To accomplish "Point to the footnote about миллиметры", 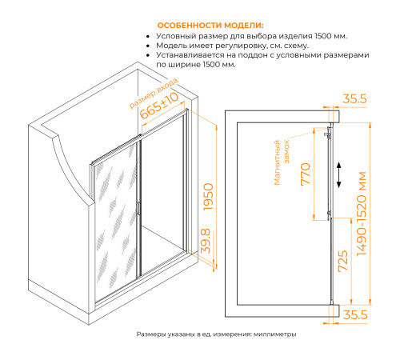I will (x=216, y=334).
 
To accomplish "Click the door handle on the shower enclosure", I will (x=138, y=210).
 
